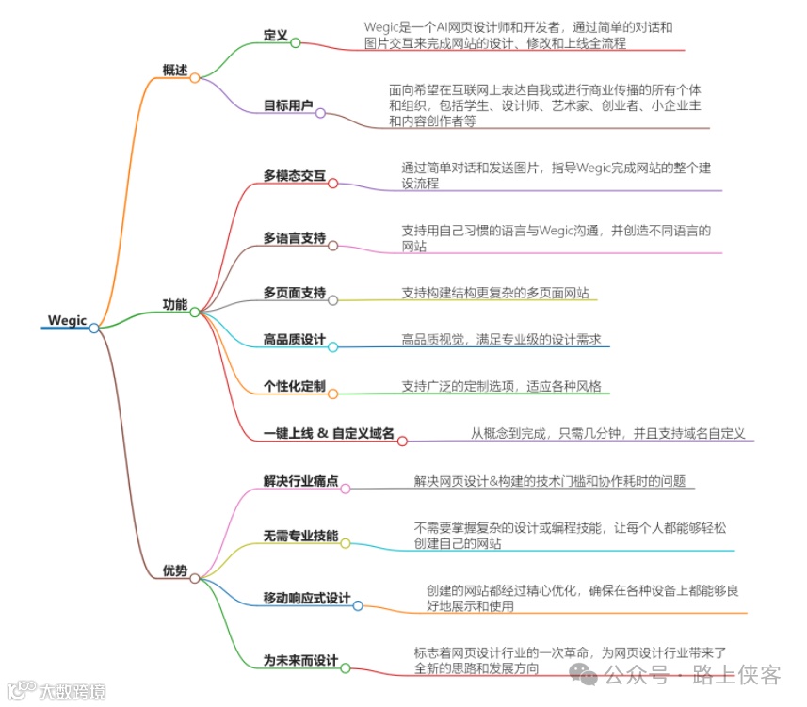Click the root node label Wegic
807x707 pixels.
coord(67,321)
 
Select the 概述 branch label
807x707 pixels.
coord(174,70)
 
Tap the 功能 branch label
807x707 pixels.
coord(174,304)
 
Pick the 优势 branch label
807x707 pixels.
coord(174,570)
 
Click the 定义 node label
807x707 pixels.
coord(276,35)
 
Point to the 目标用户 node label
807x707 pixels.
coord(288,105)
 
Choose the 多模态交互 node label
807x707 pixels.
coord(295,175)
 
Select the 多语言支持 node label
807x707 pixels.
coord(295,238)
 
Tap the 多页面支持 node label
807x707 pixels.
coord(295,292)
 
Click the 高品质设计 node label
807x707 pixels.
coord(295,339)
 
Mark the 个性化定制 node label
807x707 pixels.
coord(295,386)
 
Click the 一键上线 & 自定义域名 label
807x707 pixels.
coord(329,433)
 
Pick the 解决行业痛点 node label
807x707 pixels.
coord(300,481)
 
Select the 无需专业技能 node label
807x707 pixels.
coord(300,536)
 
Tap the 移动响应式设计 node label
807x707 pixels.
coord(307,599)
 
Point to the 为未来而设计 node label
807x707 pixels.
coord(300,661)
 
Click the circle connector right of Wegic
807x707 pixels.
coord(94,328)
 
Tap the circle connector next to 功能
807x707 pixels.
coord(195,312)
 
